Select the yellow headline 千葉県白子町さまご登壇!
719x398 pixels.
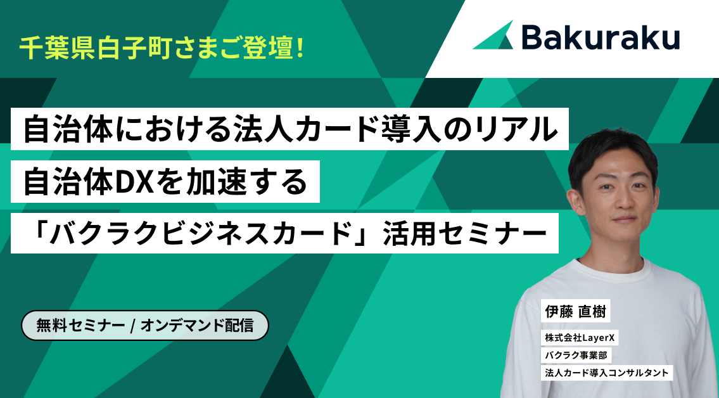coord(162,48)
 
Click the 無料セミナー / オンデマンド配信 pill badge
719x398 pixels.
coord(145,326)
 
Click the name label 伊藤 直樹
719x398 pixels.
coord(575,312)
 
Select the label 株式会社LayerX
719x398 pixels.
coord(580,338)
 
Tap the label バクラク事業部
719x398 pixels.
coord(576,356)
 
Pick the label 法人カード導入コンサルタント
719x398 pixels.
coord(607,373)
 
